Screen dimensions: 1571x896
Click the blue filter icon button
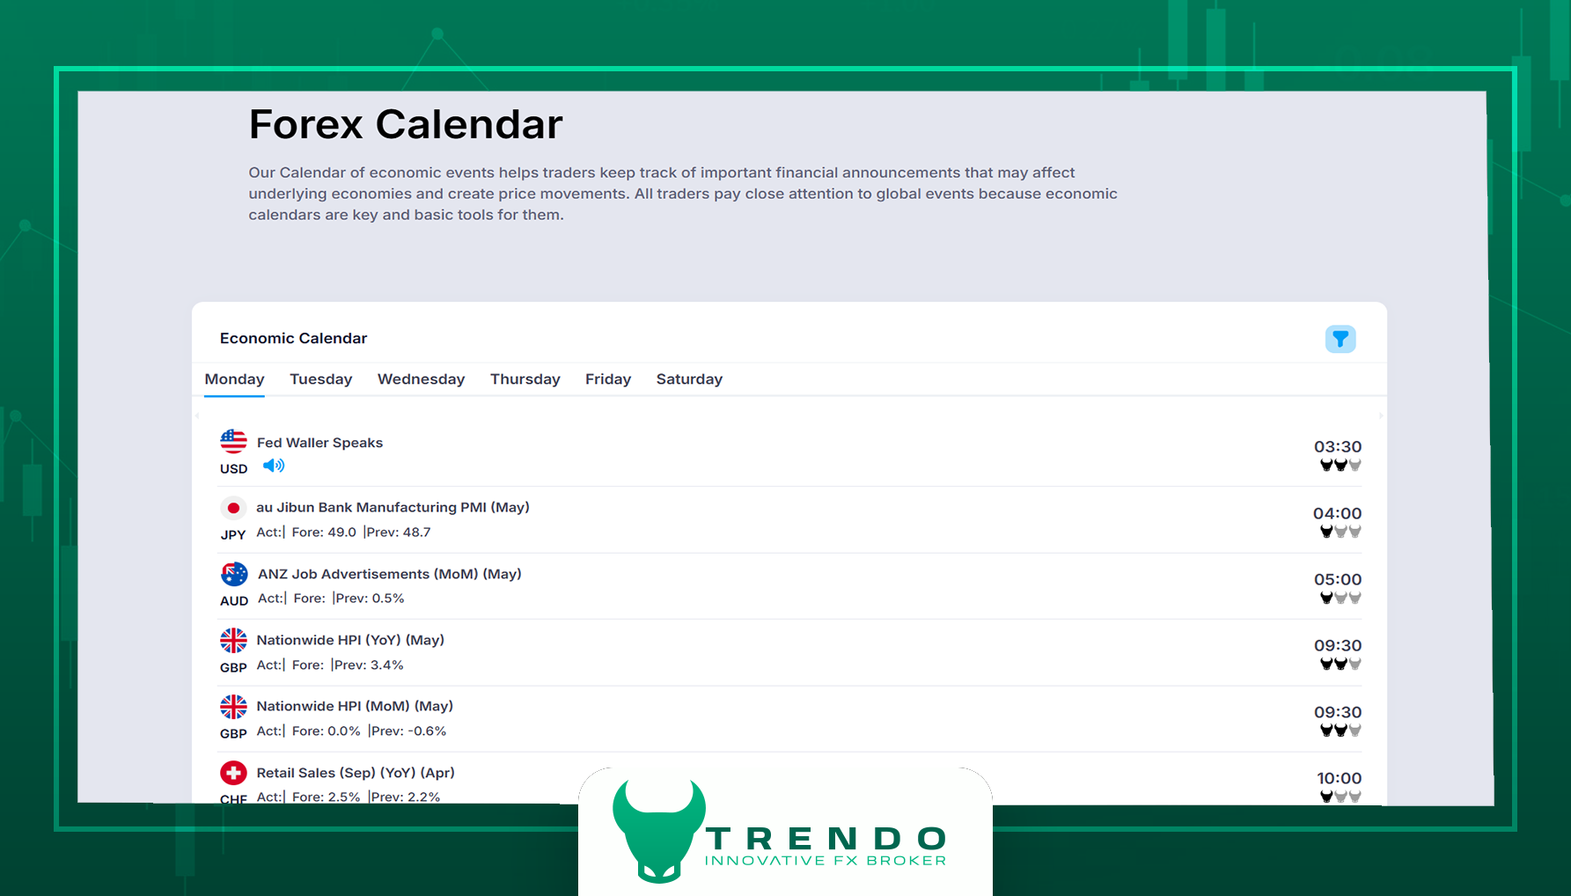(1340, 339)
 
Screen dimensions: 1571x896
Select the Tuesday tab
(321, 379)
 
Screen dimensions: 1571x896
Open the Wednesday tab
(422, 379)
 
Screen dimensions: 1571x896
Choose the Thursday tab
(525, 379)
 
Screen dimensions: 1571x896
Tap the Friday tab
(608, 379)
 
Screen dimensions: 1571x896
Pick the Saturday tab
(689, 379)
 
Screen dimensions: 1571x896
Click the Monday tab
(234, 379)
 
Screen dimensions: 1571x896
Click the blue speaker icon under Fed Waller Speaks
(274, 466)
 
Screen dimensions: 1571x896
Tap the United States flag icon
(233, 442)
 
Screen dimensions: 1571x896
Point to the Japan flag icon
(233, 508)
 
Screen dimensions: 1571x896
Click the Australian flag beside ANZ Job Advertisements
(234, 574)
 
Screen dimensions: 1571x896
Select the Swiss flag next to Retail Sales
(233, 773)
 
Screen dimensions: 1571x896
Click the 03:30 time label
(1338, 447)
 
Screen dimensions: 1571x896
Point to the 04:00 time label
(1338, 513)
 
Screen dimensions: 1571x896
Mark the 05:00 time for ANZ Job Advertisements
(1338, 579)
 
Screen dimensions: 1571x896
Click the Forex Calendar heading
(406, 124)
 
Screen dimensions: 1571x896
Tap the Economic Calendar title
(293, 338)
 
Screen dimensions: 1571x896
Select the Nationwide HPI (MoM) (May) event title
(355, 706)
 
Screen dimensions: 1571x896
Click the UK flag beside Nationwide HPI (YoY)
(233, 640)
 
